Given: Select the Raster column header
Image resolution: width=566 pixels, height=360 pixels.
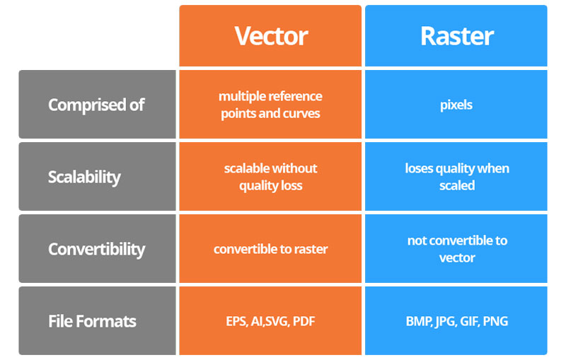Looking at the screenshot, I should pyautogui.click(x=456, y=36).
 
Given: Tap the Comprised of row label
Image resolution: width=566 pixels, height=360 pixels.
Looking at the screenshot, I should pyautogui.click(x=96, y=105).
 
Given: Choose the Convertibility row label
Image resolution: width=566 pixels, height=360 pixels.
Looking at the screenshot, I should pyautogui.click(x=96, y=249).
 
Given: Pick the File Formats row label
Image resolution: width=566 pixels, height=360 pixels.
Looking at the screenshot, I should pyautogui.click(x=92, y=321).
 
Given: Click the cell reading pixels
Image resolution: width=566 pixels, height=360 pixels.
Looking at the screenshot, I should pyautogui.click(x=456, y=105).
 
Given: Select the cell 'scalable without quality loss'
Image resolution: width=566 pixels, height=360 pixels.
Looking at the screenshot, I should pyautogui.click(x=270, y=177).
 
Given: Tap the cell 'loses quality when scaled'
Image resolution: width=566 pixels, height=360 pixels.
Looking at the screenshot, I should pyautogui.click(x=456, y=177).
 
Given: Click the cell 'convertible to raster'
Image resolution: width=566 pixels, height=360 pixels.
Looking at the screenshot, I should pyautogui.click(x=270, y=249).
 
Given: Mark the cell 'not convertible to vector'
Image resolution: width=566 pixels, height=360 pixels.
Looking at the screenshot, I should pyautogui.click(x=456, y=249).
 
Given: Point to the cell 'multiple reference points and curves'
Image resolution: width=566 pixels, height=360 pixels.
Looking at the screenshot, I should pyautogui.click(x=270, y=105).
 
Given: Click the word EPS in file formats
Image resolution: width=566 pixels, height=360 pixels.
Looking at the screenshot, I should pyautogui.click(x=237, y=322).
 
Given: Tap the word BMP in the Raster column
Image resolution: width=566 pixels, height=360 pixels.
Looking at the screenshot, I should pyautogui.click(x=418, y=322).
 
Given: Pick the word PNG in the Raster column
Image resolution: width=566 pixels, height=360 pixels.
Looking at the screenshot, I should pyautogui.click(x=495, y=322).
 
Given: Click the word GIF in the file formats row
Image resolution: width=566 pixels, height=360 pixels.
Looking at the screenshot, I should pyautogui.click(x=468, y=322).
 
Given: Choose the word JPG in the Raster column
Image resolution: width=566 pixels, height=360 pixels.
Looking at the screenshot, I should pyautogui.click(x=444, y=322).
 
